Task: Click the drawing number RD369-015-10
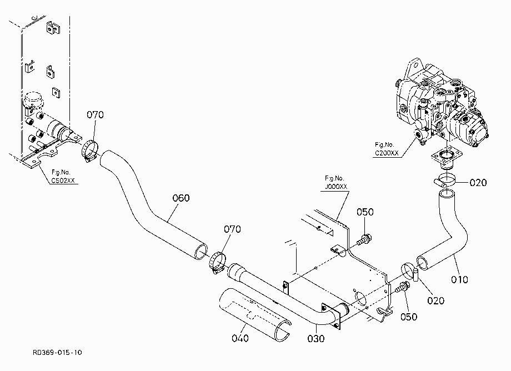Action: coord(57,353)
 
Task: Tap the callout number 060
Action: coord(181,198)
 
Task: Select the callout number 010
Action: coord(459,279)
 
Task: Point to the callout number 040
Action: coord(240,338)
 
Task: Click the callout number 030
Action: coord(316,339)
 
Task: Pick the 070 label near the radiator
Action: coord(95,114)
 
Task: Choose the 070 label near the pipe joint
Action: coord(232,229)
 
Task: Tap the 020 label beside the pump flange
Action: coord(478,183)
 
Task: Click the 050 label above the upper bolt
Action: coord(365,212)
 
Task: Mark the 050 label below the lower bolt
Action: coord(409,317)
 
